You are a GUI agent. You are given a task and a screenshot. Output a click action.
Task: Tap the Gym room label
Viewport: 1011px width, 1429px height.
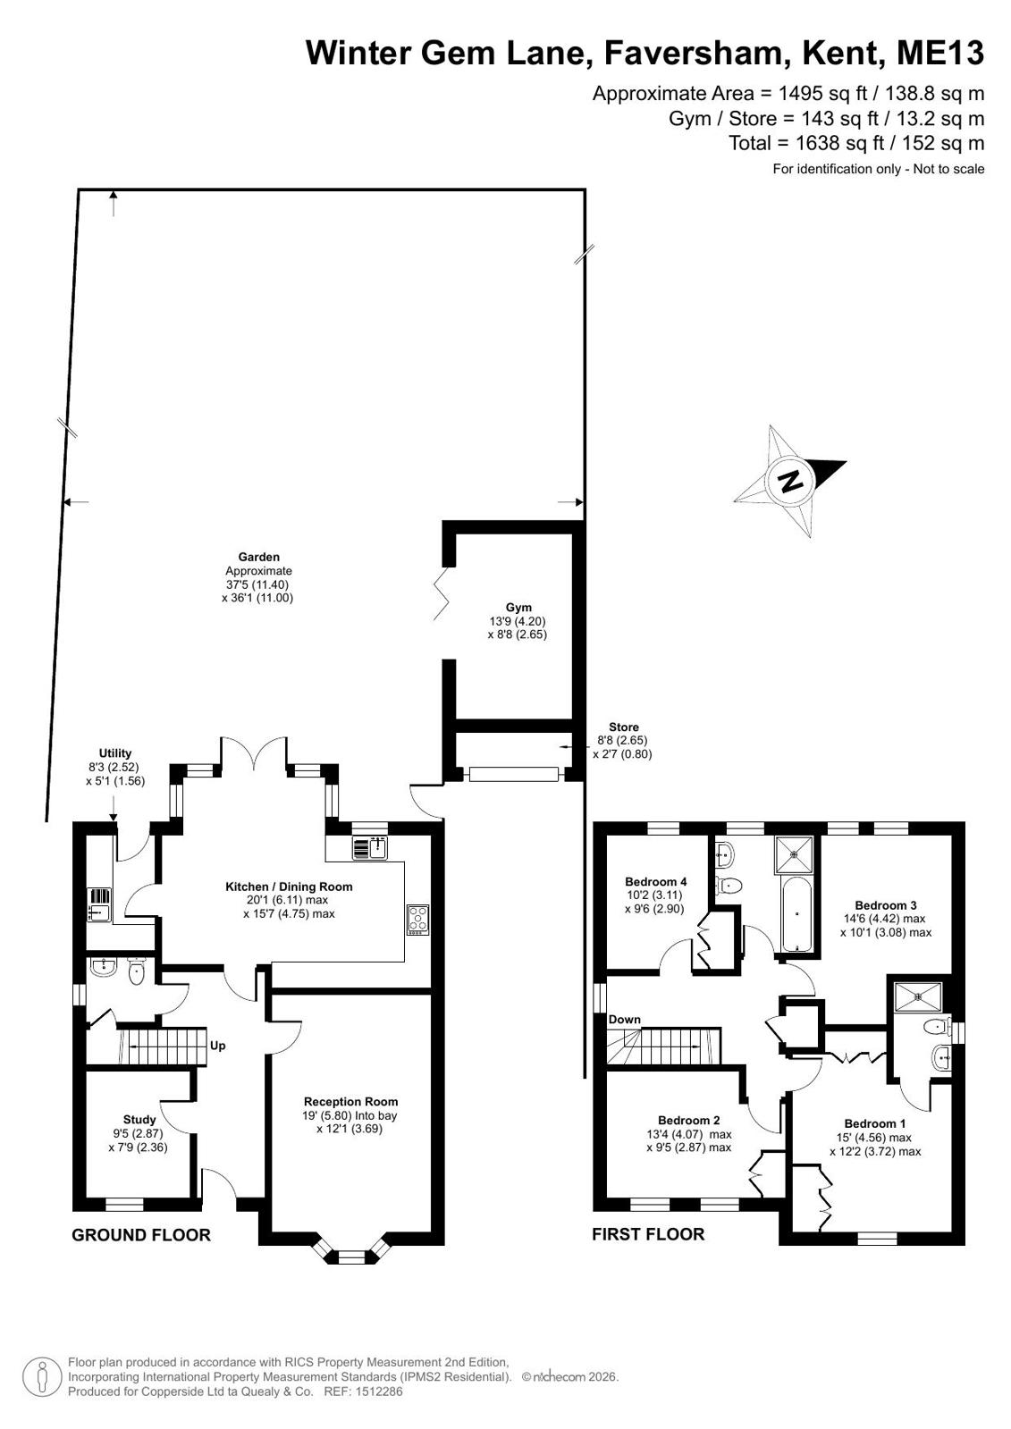tap(518, 608)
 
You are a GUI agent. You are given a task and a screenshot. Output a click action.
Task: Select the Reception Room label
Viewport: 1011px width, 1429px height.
tap(350, 1101)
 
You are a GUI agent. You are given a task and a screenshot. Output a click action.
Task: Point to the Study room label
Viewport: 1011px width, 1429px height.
tap(139, 1119)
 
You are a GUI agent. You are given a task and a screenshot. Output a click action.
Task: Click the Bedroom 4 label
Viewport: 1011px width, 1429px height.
tap(655, 882)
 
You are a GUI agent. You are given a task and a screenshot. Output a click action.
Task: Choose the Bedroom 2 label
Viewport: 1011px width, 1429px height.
tap(688, 1121)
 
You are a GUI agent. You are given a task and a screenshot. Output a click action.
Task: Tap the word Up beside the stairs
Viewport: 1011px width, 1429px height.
tap(217, 1046)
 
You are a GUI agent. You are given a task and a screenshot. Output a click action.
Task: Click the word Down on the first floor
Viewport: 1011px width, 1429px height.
tap(624, 1020)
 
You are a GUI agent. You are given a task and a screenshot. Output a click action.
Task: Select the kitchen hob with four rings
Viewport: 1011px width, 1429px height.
tap(418, 920)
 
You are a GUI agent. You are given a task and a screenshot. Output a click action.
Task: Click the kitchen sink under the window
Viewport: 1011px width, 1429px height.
tap(370, 848)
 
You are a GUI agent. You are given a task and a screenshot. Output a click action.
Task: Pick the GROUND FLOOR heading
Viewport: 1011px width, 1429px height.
tap(141, 1235)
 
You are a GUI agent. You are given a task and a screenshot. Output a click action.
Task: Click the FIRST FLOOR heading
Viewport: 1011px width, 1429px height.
tap(648, 1234)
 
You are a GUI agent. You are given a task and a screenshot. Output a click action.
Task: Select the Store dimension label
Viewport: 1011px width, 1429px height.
tap(623, 741)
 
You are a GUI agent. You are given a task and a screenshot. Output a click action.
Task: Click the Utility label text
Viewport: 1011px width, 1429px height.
tap(115, 752)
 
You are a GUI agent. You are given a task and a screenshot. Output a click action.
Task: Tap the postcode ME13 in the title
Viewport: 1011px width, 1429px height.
tap(940, 53)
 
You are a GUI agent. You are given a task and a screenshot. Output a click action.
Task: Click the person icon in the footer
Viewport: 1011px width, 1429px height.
tap(42, 1376)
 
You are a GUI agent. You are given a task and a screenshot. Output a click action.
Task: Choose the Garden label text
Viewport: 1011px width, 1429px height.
tap(258, 557)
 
